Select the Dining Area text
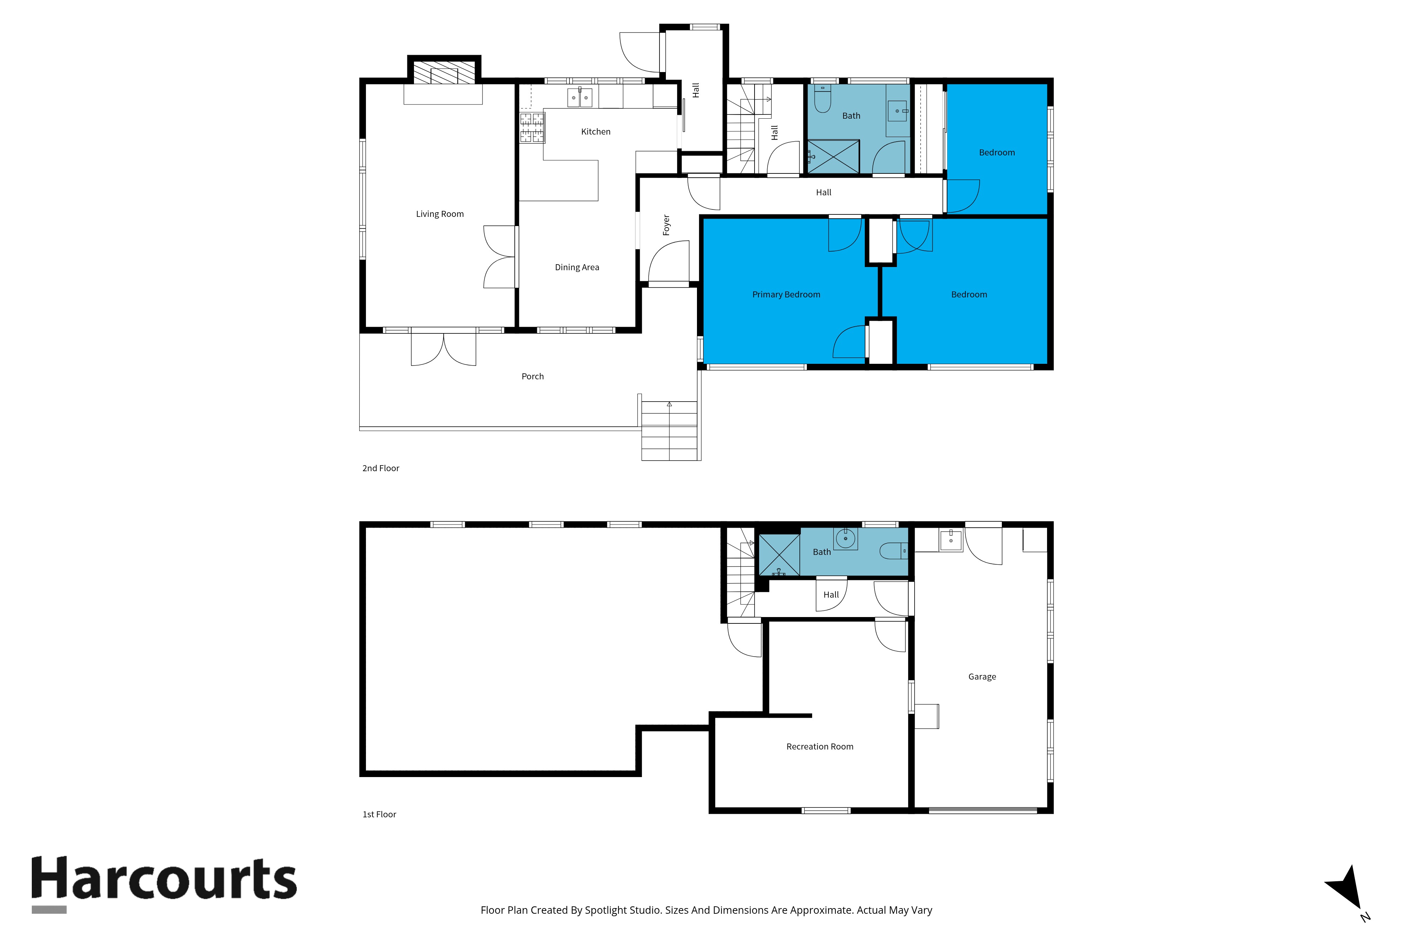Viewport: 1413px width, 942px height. click(577, 267)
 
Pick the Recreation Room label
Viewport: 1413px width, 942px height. click(820, 747)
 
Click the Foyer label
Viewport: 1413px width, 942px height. click(666, 225)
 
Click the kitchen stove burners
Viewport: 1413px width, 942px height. click(532, 128)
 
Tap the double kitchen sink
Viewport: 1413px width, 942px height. click(580, 97)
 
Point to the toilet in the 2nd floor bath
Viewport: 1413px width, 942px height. click(822, 99)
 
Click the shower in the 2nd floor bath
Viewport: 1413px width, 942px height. click(833, 156)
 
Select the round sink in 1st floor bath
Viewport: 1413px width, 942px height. click(845, 538)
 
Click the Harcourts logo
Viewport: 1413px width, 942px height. click(164, 884)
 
